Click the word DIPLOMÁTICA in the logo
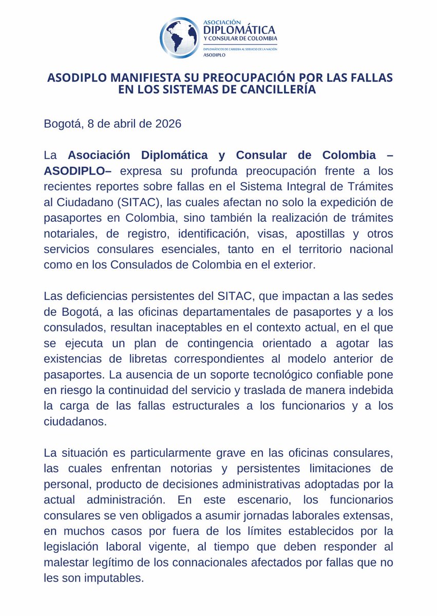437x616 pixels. pos(239,30)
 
